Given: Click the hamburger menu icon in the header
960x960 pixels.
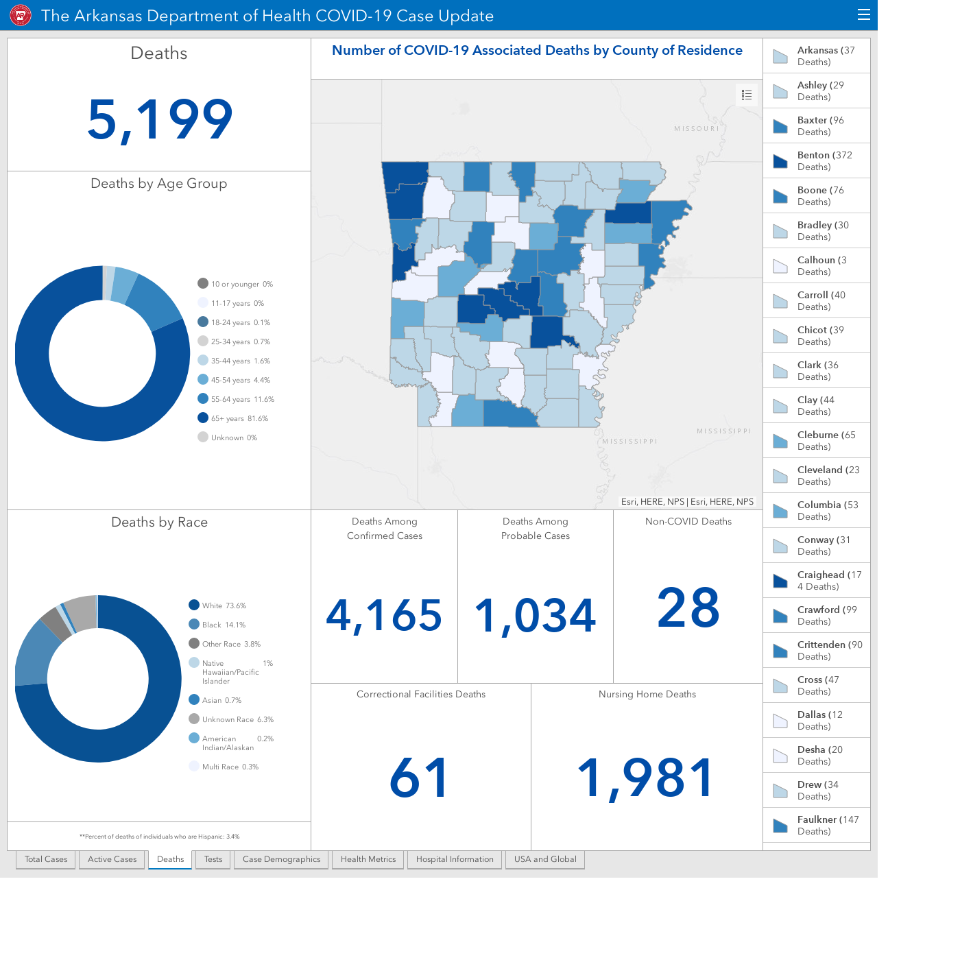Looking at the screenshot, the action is pos(863,14).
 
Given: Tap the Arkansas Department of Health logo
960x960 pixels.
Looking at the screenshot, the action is pos(21,15).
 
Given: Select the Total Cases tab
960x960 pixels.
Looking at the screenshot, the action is pos(46,859).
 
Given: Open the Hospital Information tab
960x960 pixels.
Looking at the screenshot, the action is pos(455,859).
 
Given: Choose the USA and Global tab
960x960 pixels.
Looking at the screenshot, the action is pos(545,859).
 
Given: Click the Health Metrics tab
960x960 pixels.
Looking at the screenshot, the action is pos(368,859).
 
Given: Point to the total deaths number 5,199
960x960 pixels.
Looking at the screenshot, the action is pos(160,119).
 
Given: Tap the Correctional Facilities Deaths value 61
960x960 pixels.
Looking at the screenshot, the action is pos(420,778).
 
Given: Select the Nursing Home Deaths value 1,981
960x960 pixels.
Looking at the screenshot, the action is pos(646,778).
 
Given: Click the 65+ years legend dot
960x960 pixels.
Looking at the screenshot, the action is pos(203,418).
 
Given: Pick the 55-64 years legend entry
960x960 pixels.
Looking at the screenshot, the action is pos(236,399).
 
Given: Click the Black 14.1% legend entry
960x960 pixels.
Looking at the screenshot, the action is pos(217,625).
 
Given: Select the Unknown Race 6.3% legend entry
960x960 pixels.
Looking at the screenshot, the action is pos(231,719).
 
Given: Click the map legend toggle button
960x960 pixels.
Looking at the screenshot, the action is pos(746,95).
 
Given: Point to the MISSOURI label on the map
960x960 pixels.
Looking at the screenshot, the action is pos(697,129).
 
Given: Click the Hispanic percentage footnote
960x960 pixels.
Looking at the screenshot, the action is pos(159,837).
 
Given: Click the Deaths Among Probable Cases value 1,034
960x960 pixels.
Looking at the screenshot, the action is pos(535,616).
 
